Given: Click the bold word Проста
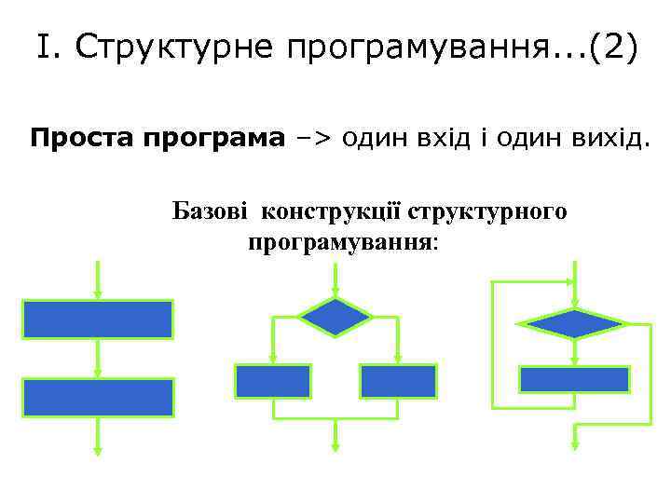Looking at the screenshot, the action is pos(83,140).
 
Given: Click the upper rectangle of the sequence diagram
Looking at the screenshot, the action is pos(98,319).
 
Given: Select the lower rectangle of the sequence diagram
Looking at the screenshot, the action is pos(98,397).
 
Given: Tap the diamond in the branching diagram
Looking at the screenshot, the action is pos(335,317).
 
